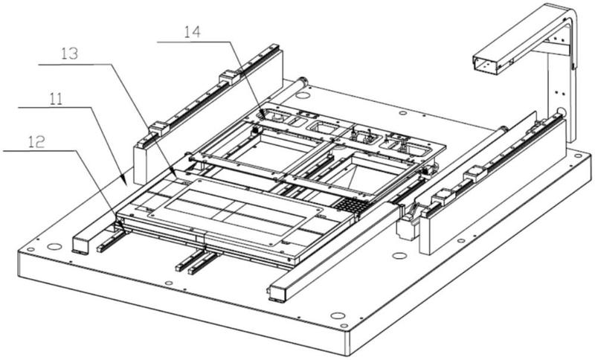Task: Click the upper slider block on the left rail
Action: [x=228, y=76]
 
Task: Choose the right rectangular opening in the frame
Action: [x=372, y=168]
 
